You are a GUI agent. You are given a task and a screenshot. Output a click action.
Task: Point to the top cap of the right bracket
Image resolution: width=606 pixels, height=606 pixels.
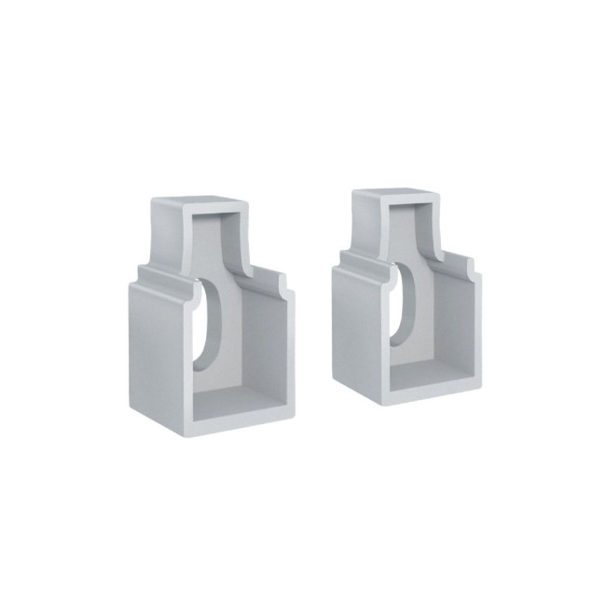pyautogui.click(x=394, y=197)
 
